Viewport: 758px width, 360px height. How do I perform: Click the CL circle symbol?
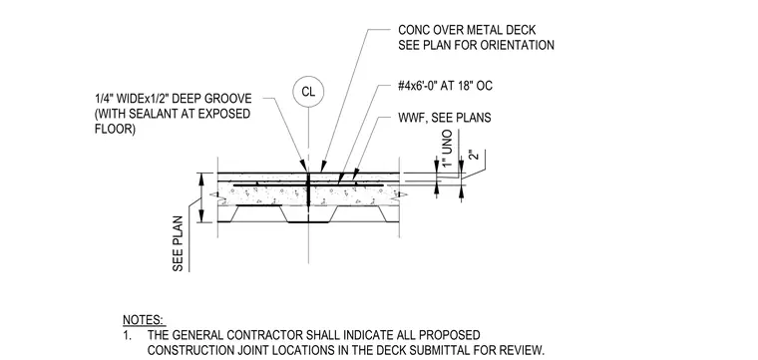pos(308,92)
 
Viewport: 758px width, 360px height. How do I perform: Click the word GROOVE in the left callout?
pos(229,99)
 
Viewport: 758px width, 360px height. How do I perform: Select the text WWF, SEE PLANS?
pos(444,118)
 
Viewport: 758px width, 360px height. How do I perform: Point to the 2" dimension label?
pos(474,156)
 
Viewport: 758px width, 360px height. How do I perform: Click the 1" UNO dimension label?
pos(448,149)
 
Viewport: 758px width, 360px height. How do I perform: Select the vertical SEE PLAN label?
pos(178,243)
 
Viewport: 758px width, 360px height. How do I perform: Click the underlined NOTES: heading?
pos(144,320)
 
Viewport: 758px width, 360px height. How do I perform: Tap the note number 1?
pos(127,335)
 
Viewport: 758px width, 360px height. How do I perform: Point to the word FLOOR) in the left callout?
pos(115,130)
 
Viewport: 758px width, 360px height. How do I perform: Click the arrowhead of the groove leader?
pos(303,167)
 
